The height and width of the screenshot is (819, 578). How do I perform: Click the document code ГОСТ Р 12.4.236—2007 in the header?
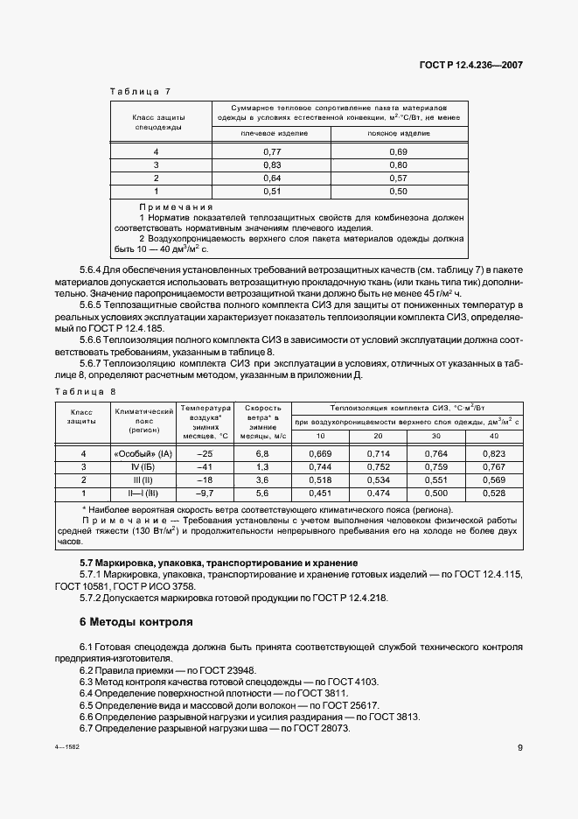point(477,64)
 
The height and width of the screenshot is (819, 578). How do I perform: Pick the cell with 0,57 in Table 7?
point(398,178)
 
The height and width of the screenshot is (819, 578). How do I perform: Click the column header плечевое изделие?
point(274,134)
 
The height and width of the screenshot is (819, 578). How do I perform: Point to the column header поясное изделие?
point(398,134)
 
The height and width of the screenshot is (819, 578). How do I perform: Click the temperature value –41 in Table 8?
point(205,466)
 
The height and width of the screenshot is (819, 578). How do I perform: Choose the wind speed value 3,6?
point(260,479)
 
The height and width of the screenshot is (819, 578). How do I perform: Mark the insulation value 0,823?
point(494,453)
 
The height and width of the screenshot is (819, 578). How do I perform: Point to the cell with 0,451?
point(320,493)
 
